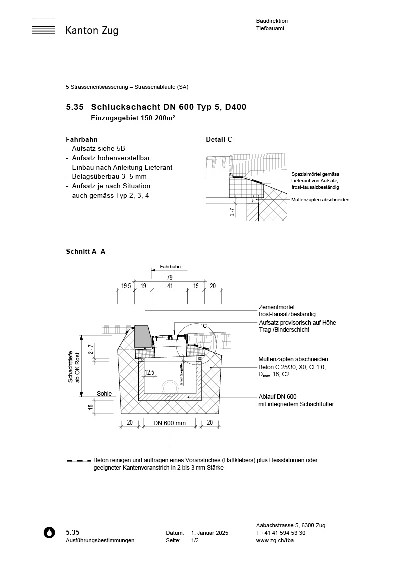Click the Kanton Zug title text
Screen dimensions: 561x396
[x=92, y=31]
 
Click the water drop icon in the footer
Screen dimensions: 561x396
[x=49, y=533]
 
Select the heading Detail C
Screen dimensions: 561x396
[x=219, y=140]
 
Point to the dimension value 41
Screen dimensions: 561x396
[x=170, y=286]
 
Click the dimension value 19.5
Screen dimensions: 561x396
[x=126, y=286]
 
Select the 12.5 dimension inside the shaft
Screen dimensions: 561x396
[x=149, y=373]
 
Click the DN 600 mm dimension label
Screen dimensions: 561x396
[x=170, y=423]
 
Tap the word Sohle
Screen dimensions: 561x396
[x=104, y=394]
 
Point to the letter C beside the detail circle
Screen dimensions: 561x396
[x=204, y=325]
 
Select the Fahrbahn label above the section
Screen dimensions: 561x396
[x=170, y=267]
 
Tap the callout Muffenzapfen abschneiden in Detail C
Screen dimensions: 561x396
[x=320, y=199]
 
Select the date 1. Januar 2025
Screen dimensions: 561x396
[x=209, y=533]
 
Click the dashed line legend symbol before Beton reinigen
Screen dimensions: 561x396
[x=79, y=460]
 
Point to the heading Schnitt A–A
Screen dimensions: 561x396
[x=85, y=251]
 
